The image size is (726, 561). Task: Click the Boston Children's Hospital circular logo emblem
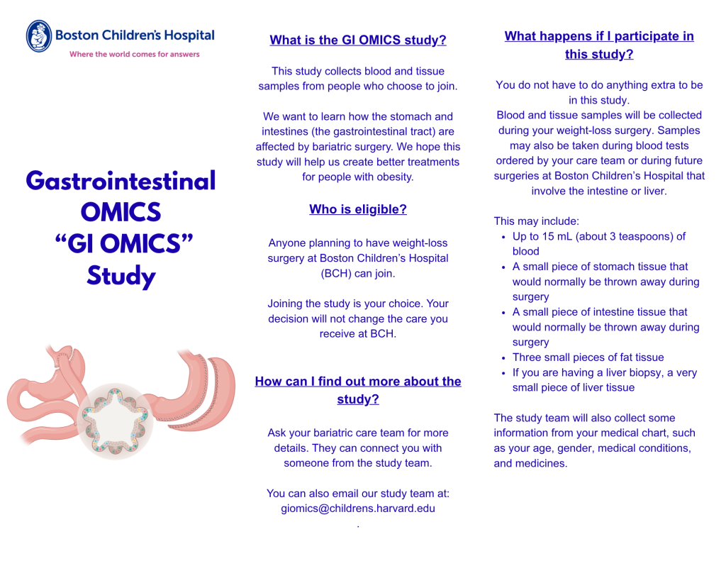39,35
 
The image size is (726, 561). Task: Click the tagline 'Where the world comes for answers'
135,54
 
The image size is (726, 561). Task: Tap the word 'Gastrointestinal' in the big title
121,181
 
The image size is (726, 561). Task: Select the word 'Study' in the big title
121,276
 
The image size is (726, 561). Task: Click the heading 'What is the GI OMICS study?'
358,40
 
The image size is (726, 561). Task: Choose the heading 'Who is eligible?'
358,209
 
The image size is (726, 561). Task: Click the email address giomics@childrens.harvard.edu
358,509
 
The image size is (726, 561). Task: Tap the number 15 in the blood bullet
548,236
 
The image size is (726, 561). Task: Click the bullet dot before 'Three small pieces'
503,358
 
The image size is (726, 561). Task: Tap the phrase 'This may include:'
536,221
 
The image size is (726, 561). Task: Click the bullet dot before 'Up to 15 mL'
503,237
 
